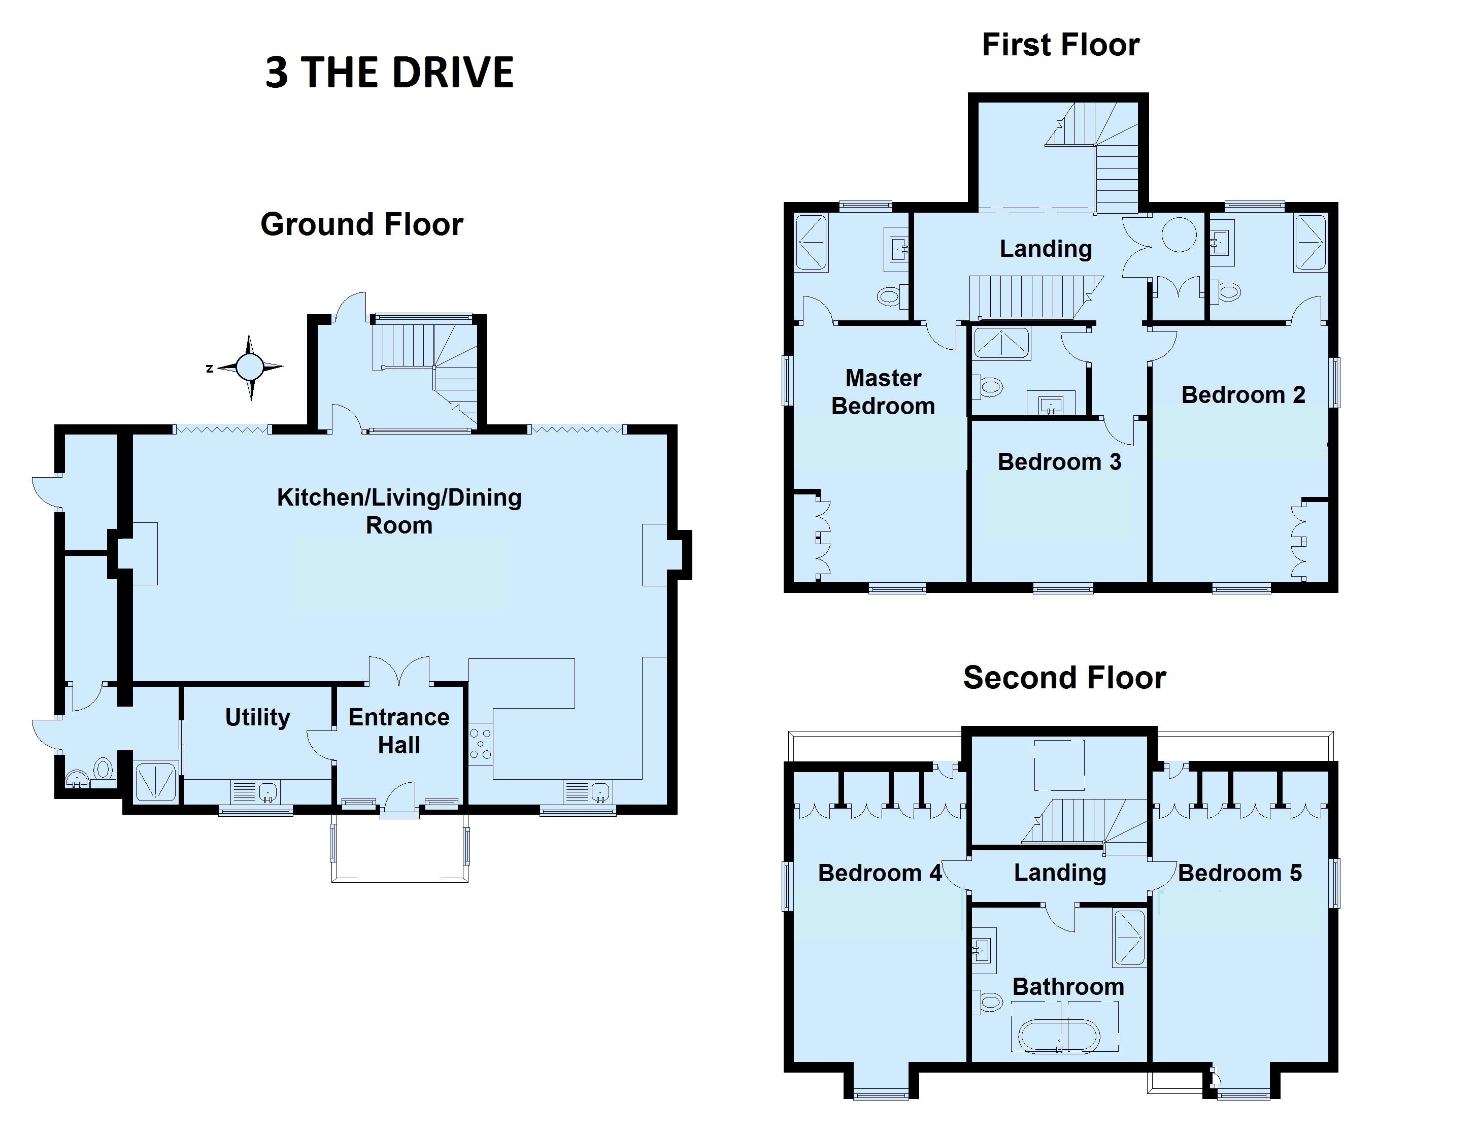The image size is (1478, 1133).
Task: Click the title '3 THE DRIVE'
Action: pos(390,72)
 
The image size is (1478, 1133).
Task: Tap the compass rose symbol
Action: pos(250,367)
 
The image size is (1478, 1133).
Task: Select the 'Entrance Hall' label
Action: pos(399,730)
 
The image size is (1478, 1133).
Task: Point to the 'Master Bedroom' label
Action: pos(883,392)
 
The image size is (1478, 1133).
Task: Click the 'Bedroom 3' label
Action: pos(1059,462)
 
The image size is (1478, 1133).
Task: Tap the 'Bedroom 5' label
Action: pos(1240,873)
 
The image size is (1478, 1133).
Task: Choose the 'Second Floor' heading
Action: pos(1065,678)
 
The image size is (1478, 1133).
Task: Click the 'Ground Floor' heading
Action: pos(362,224)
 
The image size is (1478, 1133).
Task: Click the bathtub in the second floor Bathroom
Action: pos(1059,1037)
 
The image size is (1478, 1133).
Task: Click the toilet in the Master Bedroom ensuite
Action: pos(893,295)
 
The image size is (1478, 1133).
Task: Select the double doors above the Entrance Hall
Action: pos(399,671)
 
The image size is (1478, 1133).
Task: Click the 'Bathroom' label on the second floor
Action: pos(1068,987)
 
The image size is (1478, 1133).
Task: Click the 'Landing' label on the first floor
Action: pos(1046,249)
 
